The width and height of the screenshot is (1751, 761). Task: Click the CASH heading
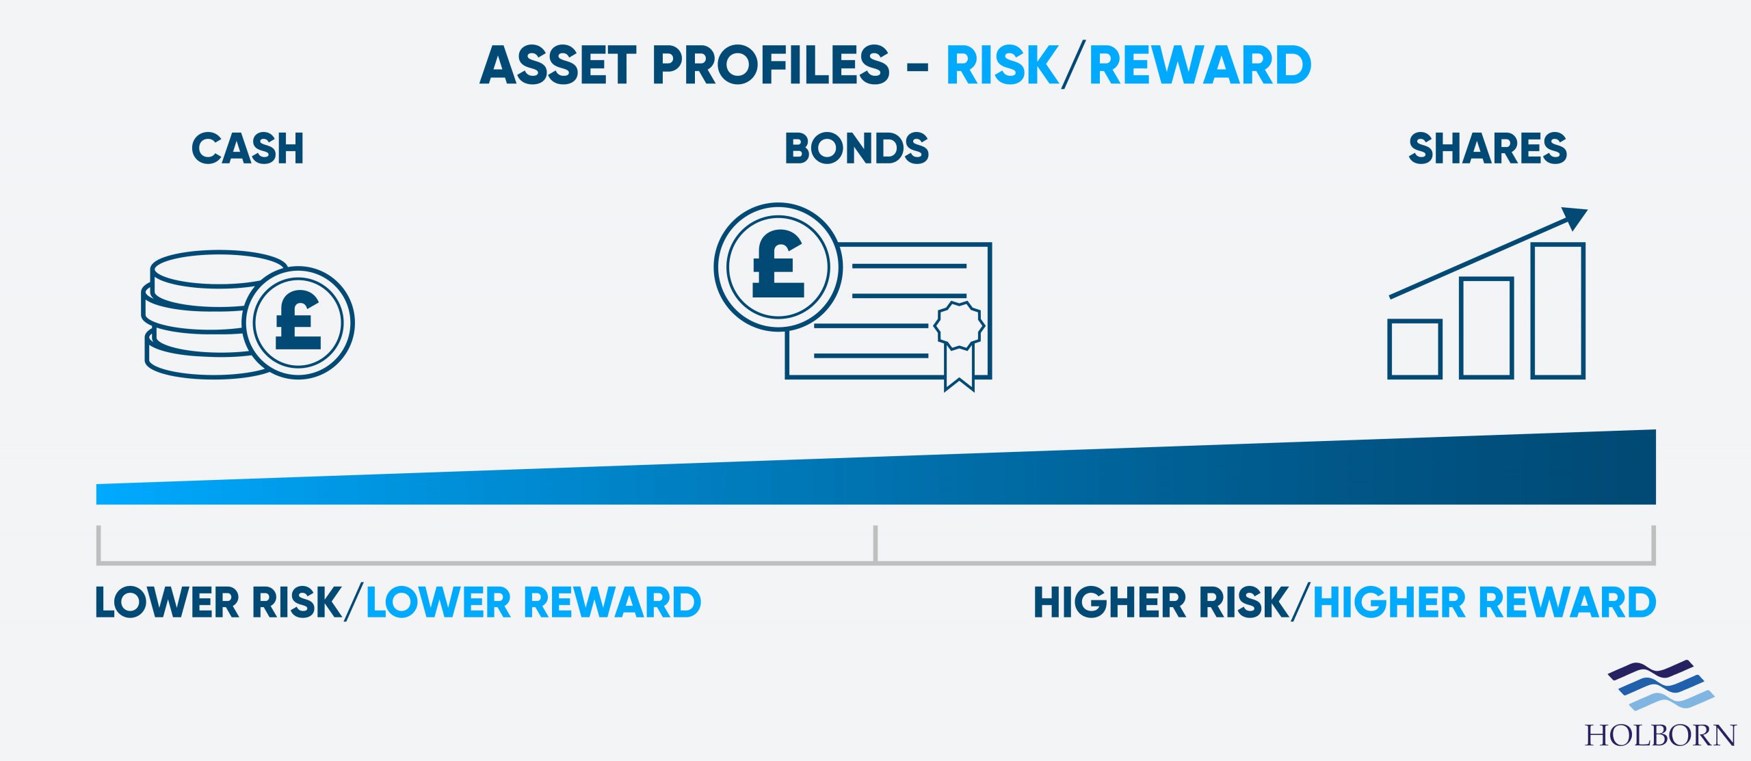point(248,148)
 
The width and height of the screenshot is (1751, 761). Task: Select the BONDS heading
point(856,148)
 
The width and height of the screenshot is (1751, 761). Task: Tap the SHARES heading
point(1488,148)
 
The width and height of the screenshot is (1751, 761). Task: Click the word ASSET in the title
point(558,66)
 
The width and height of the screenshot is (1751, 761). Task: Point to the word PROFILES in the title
point(772,66)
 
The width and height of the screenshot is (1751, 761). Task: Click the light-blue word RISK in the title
point(1003,66)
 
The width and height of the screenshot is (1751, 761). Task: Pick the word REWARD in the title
point(1200,66)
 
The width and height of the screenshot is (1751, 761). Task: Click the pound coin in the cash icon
point(299,323)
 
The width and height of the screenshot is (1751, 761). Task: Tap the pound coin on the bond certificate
point(778,267)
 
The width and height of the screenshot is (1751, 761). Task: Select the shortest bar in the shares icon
point(1415,349)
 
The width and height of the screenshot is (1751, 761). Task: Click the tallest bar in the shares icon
point(1558,310)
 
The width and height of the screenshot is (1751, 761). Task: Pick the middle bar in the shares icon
point(1486,328)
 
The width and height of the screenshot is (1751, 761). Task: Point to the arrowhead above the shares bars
point(1574,217)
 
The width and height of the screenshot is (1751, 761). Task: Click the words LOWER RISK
point(218,602)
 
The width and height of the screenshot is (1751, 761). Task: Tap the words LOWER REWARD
point(534,602)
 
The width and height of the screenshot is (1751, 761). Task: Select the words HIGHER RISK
point(1161,602)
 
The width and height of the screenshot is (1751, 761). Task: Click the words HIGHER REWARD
point(1485,602)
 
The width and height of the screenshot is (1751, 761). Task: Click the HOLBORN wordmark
point(1661,736)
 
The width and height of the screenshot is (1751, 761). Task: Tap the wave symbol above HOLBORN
point(1661,684)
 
